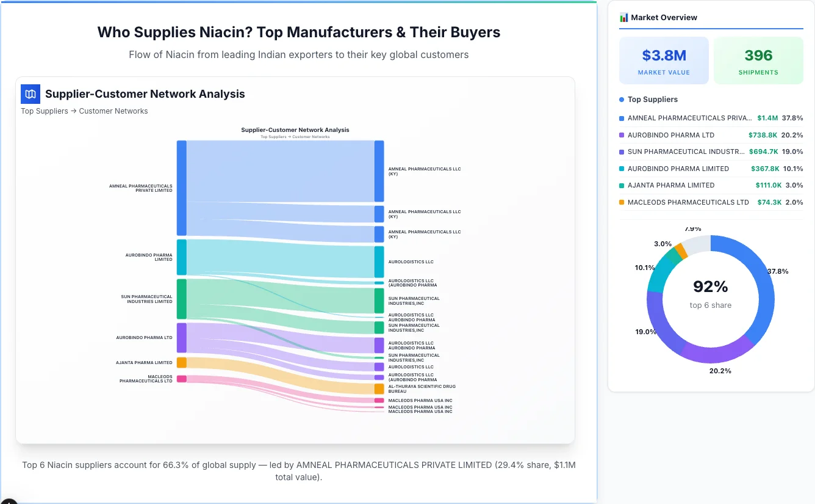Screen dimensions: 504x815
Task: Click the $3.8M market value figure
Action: (664, 56)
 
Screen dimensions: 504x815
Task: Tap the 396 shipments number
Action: (758, 56)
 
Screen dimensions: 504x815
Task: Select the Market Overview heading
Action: (664, 18)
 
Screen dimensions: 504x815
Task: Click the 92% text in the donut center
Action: (710, 287)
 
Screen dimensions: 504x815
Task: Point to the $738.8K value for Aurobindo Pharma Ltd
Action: (763, 135)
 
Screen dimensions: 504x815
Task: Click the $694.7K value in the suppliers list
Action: (763, 152)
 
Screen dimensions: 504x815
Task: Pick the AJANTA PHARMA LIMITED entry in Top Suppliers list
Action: (670, 185)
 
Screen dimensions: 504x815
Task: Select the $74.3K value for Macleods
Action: (769, 202)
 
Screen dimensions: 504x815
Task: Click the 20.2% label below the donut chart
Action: (720, 371)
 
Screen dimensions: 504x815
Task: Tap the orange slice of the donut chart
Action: (681, 250)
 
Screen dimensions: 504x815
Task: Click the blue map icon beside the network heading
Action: (31, 94)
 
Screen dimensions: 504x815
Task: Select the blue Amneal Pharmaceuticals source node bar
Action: (181, 188)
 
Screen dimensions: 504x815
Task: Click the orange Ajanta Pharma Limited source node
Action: (181, 363)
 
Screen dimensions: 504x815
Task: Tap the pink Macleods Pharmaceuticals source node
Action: (181, 379)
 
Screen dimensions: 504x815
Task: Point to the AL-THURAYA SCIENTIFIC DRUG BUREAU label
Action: (422, 389)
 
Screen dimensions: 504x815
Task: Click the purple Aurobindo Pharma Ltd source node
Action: (181, 338)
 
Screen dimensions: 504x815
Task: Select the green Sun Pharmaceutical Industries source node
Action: (181, 299)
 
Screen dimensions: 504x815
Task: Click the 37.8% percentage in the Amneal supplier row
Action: (793, 118)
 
